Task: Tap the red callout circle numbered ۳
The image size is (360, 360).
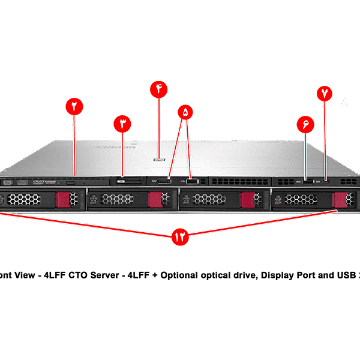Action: (122, 124)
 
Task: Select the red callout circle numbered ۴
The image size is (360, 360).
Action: (159, 89)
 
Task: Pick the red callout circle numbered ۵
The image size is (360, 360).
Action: (186, 112)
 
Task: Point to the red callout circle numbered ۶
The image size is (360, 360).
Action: (305, 124)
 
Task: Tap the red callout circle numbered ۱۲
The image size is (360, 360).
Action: (179, 236)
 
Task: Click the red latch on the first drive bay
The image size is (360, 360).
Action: (63, 199)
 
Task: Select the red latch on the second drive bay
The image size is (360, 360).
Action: (156, 199)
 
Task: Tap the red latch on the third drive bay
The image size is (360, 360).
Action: (247, 199)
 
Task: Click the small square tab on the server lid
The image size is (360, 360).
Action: (159, 160)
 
